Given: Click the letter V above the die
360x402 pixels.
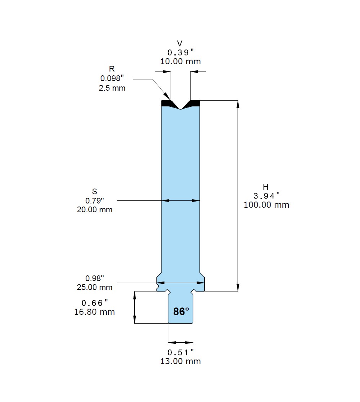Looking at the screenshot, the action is point(179,43).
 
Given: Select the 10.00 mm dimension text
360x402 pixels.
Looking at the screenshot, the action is point(181,62).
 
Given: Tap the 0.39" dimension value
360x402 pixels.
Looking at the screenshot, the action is point(181,52).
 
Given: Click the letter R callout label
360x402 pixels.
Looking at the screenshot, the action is point(112,69).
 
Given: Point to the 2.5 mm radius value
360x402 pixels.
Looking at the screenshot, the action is point(112,88).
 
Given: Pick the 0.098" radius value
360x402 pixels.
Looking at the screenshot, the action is point(112,78).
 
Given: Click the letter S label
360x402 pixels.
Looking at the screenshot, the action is point(94,192).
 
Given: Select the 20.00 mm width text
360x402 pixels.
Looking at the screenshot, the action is point(94,210).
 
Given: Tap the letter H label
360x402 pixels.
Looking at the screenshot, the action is point(266,187).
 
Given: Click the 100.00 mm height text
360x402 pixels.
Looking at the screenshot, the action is point(266,205).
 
